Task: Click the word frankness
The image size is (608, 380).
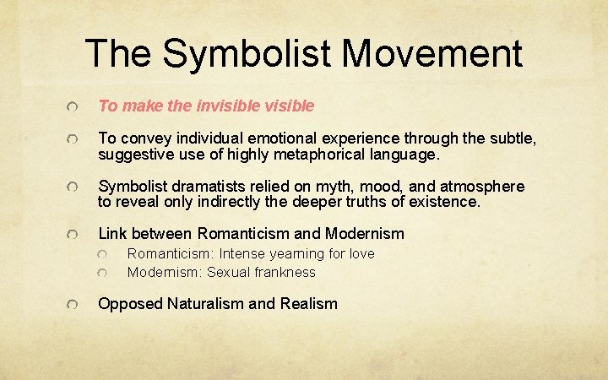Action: [285, 272]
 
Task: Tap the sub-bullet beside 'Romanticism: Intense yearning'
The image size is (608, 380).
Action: [102, 254]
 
